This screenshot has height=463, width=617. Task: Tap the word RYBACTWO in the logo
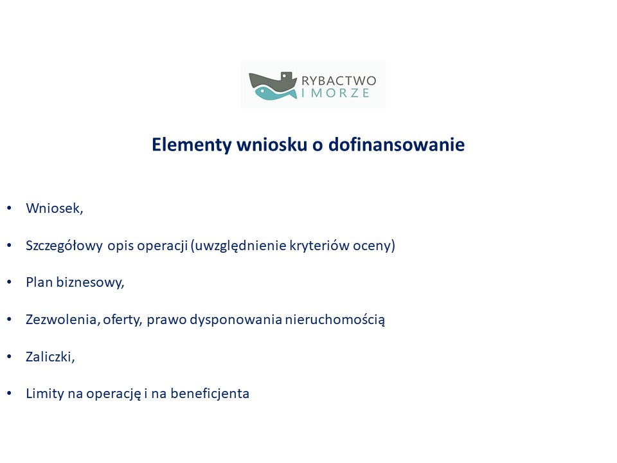339,81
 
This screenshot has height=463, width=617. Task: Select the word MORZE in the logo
341,93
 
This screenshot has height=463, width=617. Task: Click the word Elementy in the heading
192,145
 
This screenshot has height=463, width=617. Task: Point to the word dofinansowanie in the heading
397,144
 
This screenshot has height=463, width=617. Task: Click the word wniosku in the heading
271,144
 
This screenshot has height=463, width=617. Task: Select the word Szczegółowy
64,246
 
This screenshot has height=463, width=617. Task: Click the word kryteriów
319,245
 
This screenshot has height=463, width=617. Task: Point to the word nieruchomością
335,320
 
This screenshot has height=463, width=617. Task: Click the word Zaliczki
49,357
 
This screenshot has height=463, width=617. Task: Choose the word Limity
45,394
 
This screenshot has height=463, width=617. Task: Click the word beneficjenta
210,394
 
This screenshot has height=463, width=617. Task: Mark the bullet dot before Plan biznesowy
9,282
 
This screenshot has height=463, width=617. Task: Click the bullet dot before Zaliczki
9,356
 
